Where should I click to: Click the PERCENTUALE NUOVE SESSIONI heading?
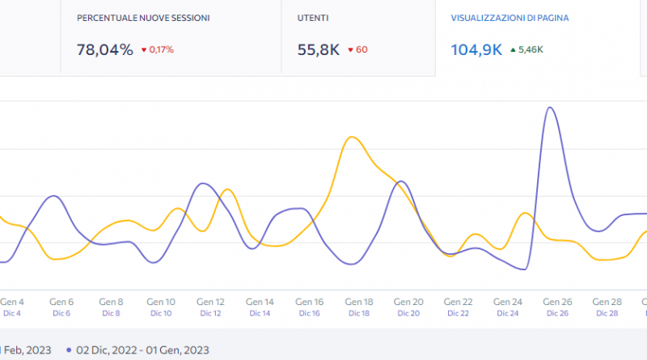pyautogui.click(x=143, y=17)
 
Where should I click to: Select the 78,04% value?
pyautogui.click(x=104, y=49)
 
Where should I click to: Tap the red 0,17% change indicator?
pyautogui.click(x=158, y=50)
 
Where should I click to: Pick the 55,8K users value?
pyautogui.click(x=319, y=49)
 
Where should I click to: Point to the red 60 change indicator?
pyautogui.click(x=357, y=50)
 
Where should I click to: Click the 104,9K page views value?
pyautogui.click(x=476, y=49)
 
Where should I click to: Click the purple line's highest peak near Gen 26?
pyautogui.click(x=550, y=107)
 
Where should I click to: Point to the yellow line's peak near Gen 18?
pyautogui.click(x=352, y=137)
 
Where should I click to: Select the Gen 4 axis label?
pyautogui.click(x=12, y=302)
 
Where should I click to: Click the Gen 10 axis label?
pyautogui.click(x=160, y=302)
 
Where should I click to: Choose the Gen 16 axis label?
pyautogui.click(x=309, y=302)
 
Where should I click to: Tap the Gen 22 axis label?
pyautogui.click(x=458, y=302)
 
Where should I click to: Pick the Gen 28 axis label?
pyautogui.click(x=607, y=302)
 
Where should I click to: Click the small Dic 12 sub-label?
pyautogui.click(x=210, y=313)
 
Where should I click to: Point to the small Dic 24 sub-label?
pyautogui.click(x=507, y=313)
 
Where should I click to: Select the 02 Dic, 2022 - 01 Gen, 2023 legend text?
pyautogui.click(x=142, y=350)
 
